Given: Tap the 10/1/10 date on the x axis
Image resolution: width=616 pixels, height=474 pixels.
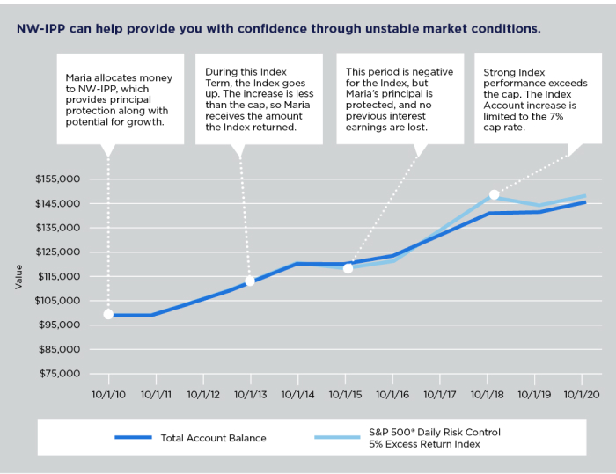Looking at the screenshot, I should pyautogui.click(x=108, y=394).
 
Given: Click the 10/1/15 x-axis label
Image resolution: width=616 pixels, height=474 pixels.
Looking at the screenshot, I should pyautogui.click(x=345, y=394).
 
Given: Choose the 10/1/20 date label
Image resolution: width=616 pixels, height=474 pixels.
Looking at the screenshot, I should pyautogui.click(x=582, y=394).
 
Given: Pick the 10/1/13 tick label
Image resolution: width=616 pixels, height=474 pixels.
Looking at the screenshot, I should pyautogui.click(x=251, y=394).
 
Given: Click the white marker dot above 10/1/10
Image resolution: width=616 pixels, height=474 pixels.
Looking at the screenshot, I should pyautogui.click(x=108, y=314).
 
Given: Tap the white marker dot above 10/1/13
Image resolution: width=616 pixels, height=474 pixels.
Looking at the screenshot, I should pyautogui.click(x=250, y=281).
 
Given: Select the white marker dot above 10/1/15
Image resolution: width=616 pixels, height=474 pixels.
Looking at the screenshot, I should pyautogui.click(x=348, y=268).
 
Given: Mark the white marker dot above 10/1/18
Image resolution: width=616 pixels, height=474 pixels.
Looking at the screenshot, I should pyautogui.click(x=495, y=194).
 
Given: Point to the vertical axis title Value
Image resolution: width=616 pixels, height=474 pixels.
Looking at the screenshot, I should pyautogui.click(x=19, y=277).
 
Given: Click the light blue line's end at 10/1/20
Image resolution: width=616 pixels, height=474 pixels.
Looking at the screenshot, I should pyautogui.click(x=584, y=196).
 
